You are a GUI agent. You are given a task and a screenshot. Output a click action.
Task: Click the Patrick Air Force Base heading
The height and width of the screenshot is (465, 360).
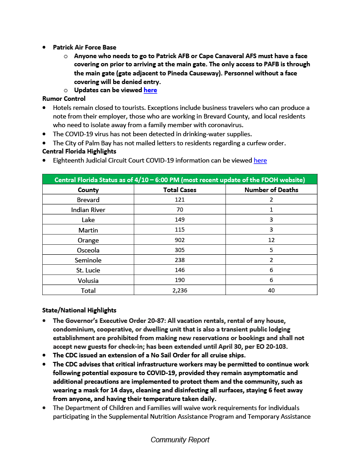[84, 47]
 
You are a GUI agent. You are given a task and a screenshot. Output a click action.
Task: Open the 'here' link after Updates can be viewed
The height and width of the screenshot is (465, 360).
[150, 90]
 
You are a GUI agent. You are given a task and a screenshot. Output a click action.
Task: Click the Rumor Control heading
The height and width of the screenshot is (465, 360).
[64, 99]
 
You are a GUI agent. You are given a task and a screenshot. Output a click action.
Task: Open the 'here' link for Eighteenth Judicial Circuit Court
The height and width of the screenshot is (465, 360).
[260, 160]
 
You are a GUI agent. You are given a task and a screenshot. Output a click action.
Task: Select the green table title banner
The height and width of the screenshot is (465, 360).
[180, 179]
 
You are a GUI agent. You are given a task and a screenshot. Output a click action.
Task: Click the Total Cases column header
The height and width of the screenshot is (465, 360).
[180, 190]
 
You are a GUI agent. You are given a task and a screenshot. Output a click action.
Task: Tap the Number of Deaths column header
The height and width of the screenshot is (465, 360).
[271, 190]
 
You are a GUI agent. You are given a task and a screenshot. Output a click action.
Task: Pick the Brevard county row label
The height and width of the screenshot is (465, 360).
[88, 200]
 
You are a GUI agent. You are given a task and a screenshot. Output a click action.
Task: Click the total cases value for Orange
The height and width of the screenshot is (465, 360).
[180, 240]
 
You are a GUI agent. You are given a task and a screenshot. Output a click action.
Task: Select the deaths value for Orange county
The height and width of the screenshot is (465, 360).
[271, 240]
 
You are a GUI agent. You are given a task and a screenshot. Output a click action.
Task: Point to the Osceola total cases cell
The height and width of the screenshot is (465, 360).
[180, 250]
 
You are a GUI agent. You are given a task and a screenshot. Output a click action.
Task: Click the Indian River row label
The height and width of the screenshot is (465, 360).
[88, 210]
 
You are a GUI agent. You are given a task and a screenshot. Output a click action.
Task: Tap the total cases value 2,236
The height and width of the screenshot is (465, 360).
[180, 290]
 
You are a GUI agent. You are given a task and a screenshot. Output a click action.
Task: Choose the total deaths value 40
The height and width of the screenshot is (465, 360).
[271, 290]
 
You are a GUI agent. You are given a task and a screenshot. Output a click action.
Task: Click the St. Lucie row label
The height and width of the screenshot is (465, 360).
[88, 270]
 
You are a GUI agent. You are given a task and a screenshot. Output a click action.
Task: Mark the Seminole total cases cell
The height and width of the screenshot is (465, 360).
[180, 260]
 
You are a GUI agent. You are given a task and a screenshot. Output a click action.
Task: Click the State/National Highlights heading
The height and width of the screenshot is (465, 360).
[79, 311]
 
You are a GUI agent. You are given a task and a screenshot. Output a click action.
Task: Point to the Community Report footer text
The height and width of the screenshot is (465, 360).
[180, 440]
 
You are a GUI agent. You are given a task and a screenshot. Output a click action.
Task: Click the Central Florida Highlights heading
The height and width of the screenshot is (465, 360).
[79, 151]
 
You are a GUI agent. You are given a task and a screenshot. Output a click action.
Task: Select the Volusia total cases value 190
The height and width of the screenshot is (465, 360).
[180, 280]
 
